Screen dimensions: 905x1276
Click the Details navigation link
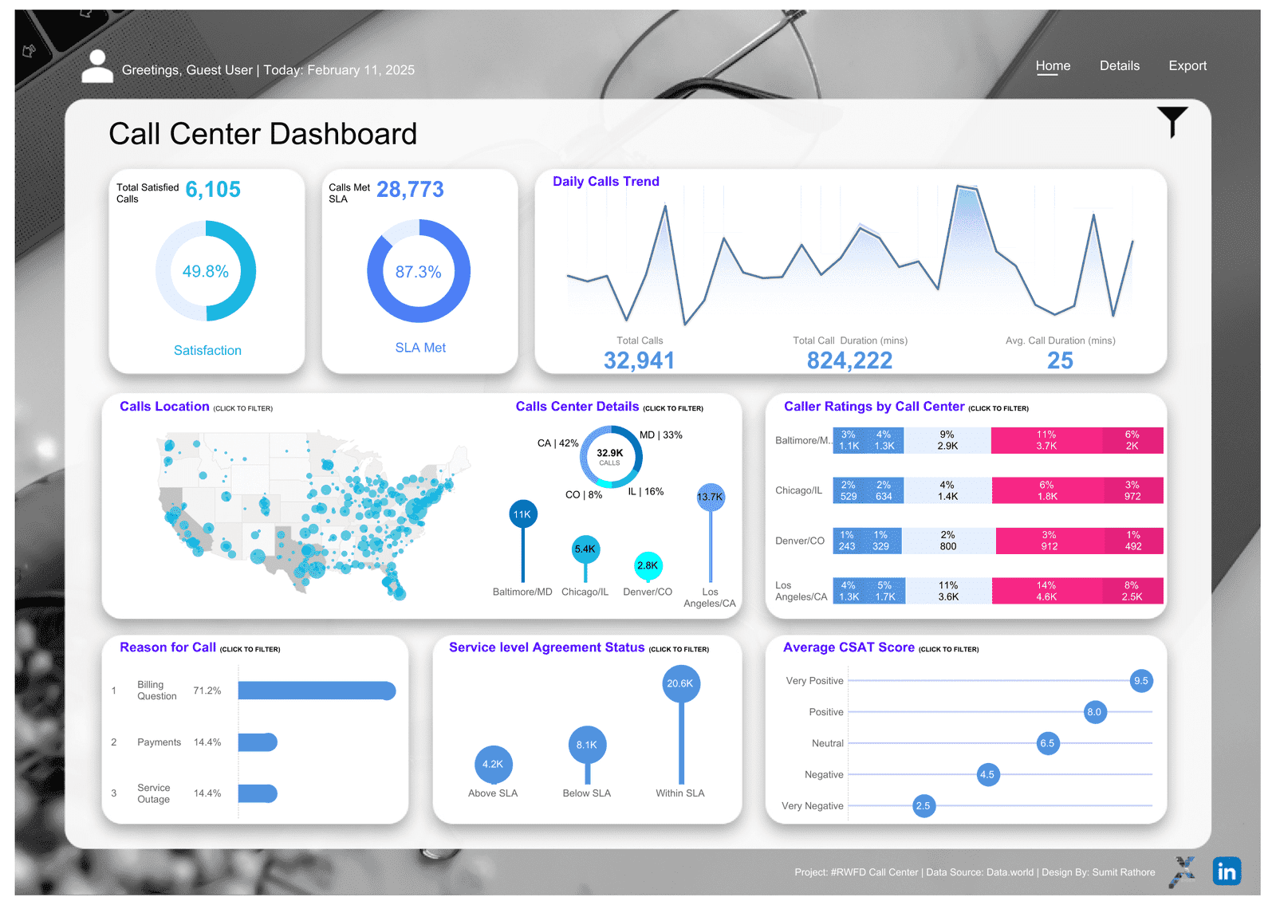pyautogui.click(x=1119, y=66)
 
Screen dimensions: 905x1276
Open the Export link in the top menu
pyautogui.click(x=1187, y=66)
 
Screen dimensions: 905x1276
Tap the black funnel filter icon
pyautogui.click(x=1172, y=121)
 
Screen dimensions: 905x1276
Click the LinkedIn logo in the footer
pyautogui.click(x=1226, y=871)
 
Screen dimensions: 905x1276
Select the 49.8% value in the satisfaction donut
pyautogui.click(x=206, y=272)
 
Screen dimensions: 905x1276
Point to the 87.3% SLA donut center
pyautogui.click(x=418, y=272)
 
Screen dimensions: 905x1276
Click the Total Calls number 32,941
pyautogui.click(x=639, y=361)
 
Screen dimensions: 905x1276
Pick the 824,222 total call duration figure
pyautogui.click(x=849, y=361)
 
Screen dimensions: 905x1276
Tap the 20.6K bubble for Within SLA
pyautogui.click(x=680, y=683)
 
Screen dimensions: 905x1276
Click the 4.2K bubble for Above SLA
pyautogui.click(x=493, y=764)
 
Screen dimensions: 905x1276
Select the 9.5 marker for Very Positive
pyautogui.click(x=1141, y=681)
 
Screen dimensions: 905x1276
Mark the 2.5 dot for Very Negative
pyautogui.click(x=923, y=806)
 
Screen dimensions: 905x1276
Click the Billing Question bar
pyautogui.click(x=317, y=691)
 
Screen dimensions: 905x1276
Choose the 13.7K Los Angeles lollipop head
pyautogui.click(x=710, y=497)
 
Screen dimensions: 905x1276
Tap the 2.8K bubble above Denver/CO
pyautogui.click(x=648, y=565)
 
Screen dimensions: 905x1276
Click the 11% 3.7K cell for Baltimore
pyautogui.click(x=1046, y=440)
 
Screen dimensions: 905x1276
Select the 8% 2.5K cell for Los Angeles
pyautogui.click(x=1132, y=591)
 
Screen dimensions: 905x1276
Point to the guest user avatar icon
pyautogui.click(x=97, y=66)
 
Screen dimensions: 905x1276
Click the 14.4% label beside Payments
pyautogui.click(x=207, y=742)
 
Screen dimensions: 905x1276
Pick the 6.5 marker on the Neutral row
pyautogui.click(x=1047, y=743)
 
